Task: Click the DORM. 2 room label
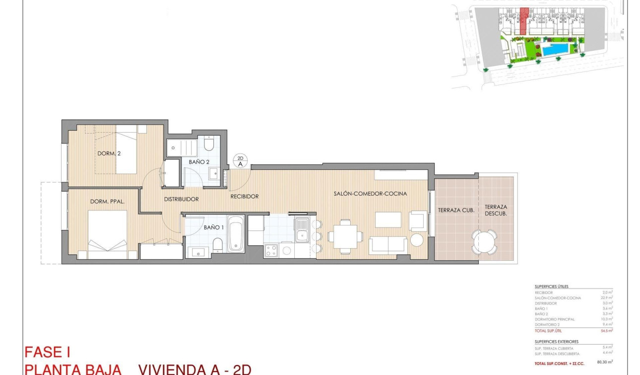[x=109, y=153]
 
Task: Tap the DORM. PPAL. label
[x=107, y=202]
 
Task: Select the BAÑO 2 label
[x=199, y=162]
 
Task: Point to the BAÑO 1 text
[x=214, y=227]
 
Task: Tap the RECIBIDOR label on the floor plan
[x=245, y=196]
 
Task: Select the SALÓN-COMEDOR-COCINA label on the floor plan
[x=370, y=194]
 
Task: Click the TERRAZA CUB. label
[x=456, y=210]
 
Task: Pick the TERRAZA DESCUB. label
[x=497, y=210]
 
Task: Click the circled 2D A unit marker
[x=241, y=161]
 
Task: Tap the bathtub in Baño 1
[x=236, y=235]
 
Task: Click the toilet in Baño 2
[x=209, y=145]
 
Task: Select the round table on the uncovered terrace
[x=484, y=242]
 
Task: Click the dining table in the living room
[x=345, y=236]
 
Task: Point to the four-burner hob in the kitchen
[x=271, y=251]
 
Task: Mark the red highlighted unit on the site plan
[x=523, y=20]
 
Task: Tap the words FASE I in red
[x=47, y=353]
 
